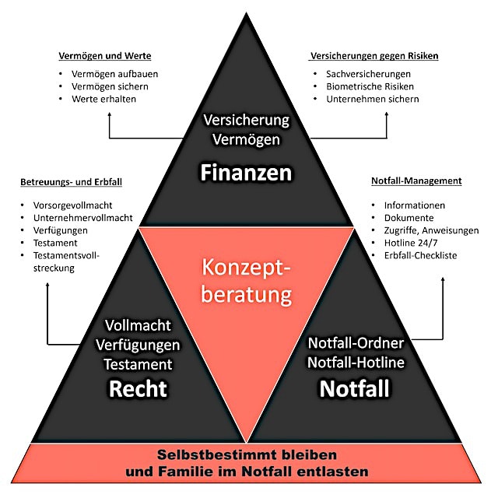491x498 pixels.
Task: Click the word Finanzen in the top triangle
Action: point(246,171)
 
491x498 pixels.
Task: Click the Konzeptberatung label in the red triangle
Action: point(247,281)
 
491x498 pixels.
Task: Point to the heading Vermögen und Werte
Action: point(105,57)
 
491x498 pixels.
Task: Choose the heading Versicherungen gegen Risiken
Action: point(374,57)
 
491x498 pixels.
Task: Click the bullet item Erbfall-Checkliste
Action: point(420,255)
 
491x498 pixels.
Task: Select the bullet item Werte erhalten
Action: point(100,99)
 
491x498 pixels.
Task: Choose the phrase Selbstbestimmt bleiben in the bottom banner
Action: point(246,454)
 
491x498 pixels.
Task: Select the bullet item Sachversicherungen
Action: point(367,73)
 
